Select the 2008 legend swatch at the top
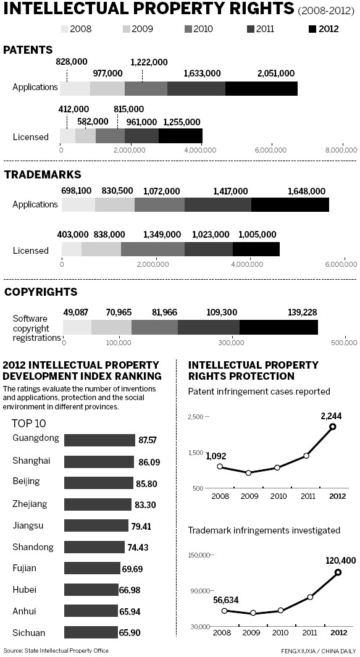point(65,29)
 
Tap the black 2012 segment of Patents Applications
point(262,88)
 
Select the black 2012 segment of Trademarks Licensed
point(256,248)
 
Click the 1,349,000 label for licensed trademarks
point(162,235)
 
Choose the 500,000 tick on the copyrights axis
point(343,341)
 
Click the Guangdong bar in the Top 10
point(99,440)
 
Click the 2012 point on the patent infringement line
point(332,427)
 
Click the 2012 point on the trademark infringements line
point(338,572)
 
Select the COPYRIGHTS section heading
point(41,291)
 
